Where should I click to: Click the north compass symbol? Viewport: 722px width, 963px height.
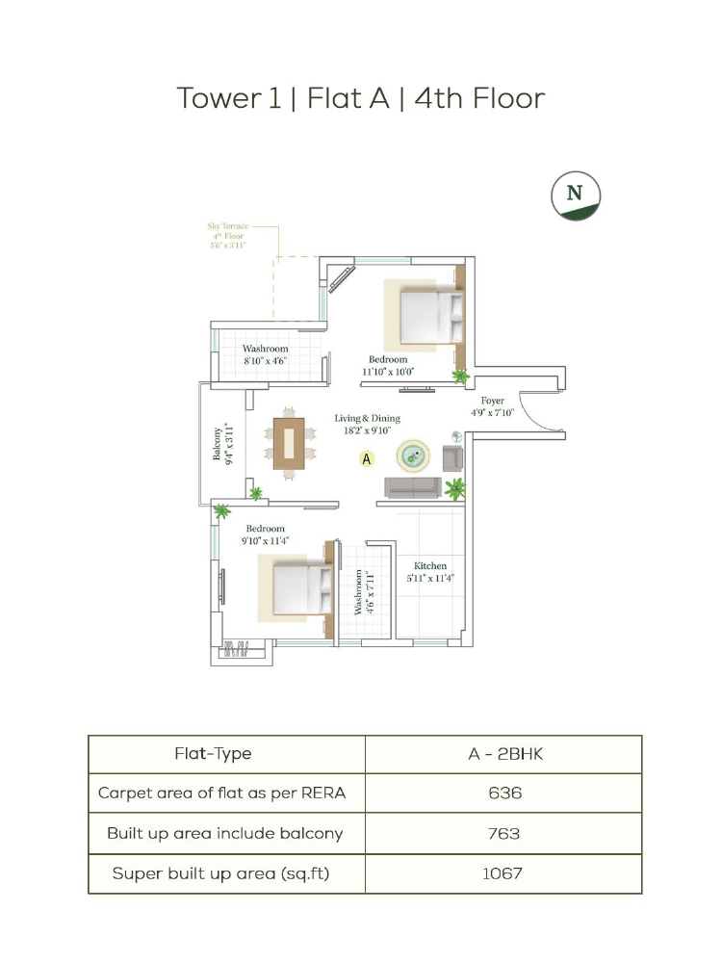click(576, 195)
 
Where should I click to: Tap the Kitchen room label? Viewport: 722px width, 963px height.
click(430, 572)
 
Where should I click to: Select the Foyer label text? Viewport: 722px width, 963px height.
click(492, 406)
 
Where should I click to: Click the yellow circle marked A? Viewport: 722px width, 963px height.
click(367, 458)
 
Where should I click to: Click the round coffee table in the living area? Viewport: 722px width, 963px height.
click(413, 455)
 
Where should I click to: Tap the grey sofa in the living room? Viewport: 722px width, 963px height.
click(413, 487)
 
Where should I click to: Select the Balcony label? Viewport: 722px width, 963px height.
click(223, 443)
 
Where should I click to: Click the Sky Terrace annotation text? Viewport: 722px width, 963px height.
click(228, 235)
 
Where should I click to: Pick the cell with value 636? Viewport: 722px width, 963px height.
click(504, 793)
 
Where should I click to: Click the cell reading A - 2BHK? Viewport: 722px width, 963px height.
click(504, 754)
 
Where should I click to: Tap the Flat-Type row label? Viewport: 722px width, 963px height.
click(213, 754)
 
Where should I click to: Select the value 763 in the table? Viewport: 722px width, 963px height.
click(504, 833)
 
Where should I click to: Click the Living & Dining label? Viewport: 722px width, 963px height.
click(367, 424)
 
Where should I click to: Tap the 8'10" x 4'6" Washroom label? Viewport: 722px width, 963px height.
click(266, 354)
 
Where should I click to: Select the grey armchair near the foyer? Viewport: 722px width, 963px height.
click(452, 458)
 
